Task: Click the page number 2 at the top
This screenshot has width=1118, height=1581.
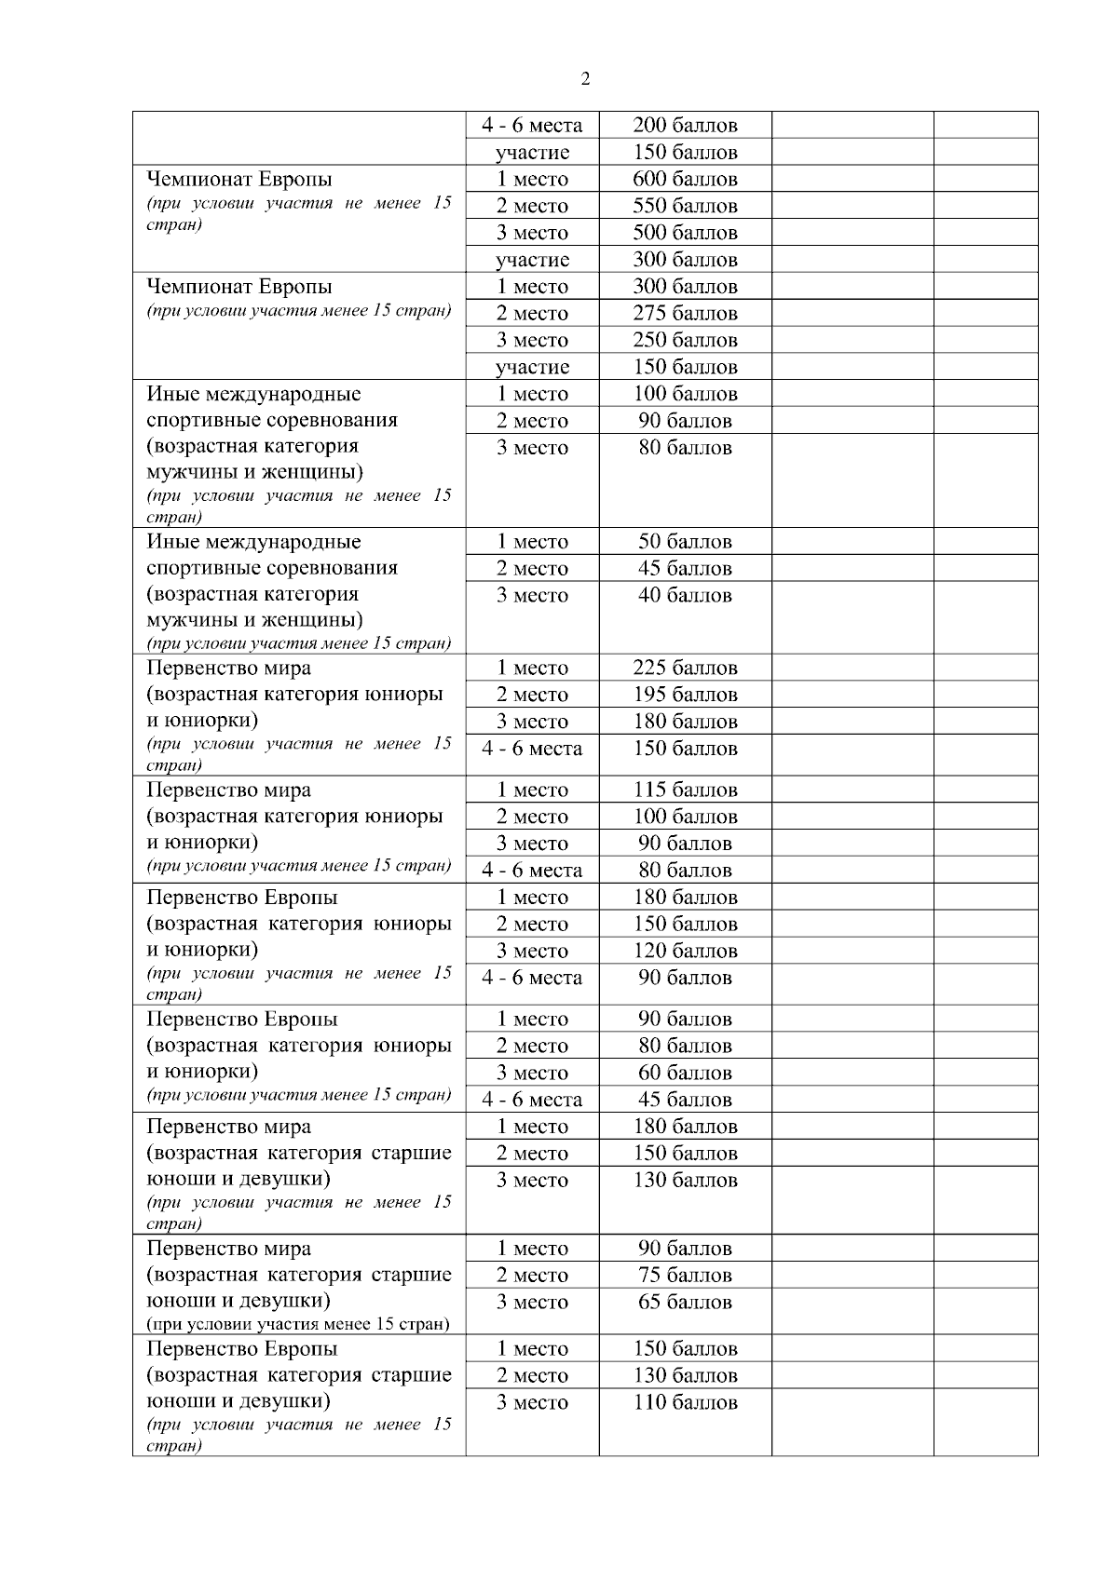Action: (x=585, y=79)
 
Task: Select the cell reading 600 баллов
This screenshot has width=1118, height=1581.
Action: (x=685, y=179)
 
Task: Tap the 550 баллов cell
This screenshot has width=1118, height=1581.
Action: (x=685, y=206)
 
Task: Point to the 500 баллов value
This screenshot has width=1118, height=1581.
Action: (x=685, y=233)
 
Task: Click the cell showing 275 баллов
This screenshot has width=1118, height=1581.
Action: (x=685, y=314)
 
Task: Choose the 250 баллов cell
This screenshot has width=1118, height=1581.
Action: (x=685, y=340)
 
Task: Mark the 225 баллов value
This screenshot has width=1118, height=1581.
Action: (x=685, y=668)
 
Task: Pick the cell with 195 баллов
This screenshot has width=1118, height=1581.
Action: (x=685, y=695)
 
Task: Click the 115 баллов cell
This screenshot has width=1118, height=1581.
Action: (x=685, y=790)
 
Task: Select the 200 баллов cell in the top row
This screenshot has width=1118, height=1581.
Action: (x=685, y=125)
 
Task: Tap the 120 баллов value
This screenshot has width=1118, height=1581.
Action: (x=685, y=951)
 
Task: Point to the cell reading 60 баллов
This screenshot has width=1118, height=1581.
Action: (x=685, y=1073)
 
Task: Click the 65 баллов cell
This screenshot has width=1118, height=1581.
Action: (x=685, y=1302)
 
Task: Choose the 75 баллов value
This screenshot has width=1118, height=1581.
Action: (x=685, y=1275)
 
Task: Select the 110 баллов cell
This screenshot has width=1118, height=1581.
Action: (x=685, y=1402)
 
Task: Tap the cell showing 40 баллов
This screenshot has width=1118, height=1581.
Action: (x=685, y=595)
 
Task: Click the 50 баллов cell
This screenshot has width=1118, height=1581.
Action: (x=685, y=541)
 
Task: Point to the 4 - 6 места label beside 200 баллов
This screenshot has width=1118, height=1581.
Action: (x=532, y=125)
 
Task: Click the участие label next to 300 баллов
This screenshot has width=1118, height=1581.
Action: (x=532, y=260)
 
